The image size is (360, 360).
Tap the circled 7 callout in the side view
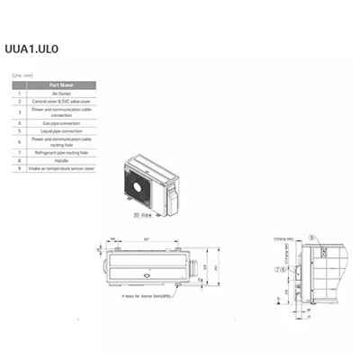coord(281,268)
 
